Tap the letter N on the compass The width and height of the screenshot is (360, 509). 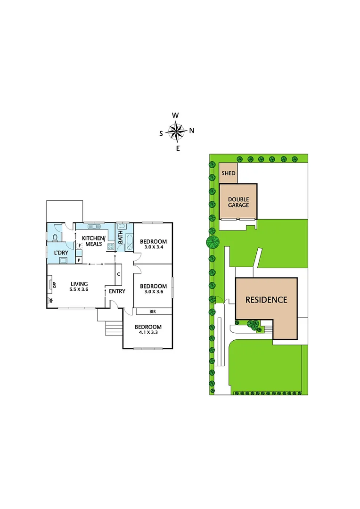(192, 131)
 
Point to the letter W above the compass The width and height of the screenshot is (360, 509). (175, 115)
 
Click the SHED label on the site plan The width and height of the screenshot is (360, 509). (228, 173)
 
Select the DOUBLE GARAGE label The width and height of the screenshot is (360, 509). (238, 202)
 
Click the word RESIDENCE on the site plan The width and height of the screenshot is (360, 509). (266, 300)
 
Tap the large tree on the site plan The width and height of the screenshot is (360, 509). (213, 243)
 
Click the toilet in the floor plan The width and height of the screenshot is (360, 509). (56, 238)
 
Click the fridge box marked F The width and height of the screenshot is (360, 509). (80, 246)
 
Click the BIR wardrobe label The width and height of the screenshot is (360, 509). (152, 312)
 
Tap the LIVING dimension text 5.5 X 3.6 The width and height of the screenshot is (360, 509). (79, 290)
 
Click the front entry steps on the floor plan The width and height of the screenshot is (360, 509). (113, 328)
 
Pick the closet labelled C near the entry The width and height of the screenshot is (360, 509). (118, 274)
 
